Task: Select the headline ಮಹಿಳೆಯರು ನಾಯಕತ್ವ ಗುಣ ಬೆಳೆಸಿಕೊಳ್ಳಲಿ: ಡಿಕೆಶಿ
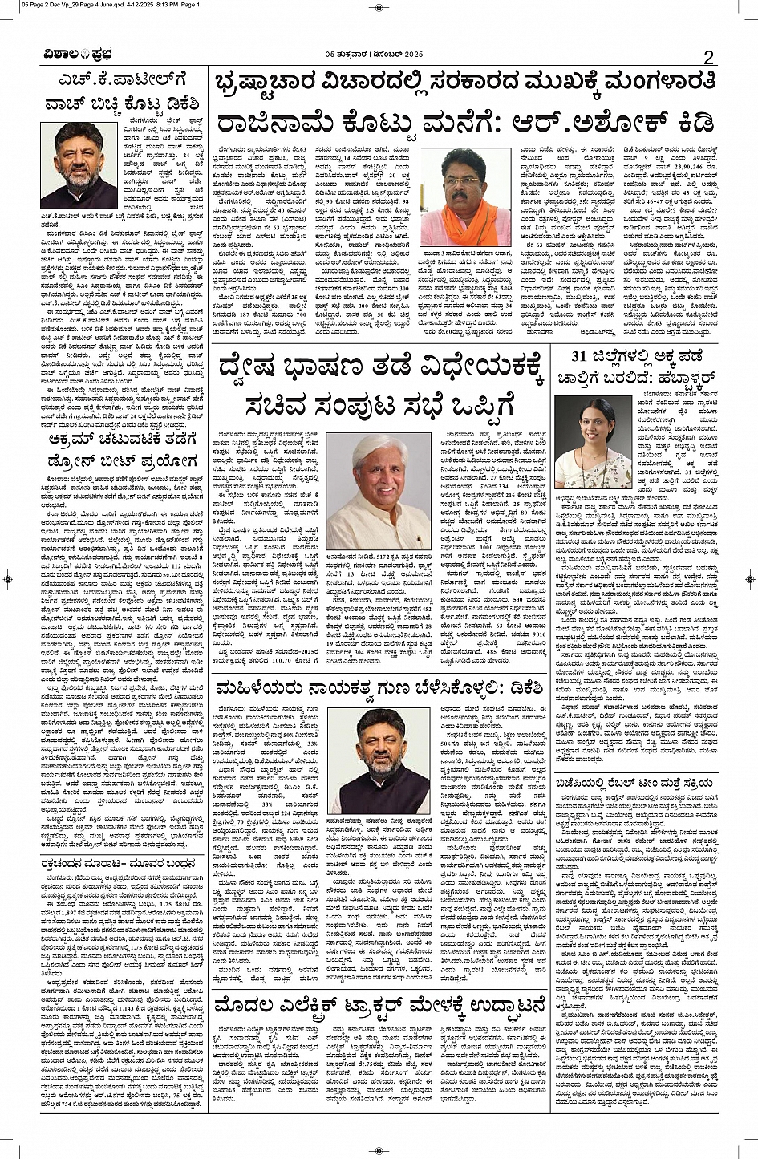click(380, 687)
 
